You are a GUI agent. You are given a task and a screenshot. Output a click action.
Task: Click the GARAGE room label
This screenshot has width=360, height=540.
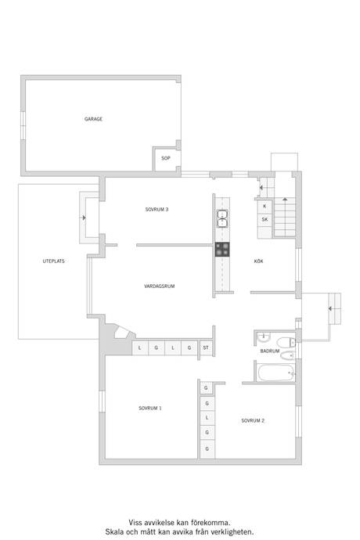tap(93, 119)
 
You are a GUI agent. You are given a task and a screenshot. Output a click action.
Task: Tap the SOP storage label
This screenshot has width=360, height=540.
tap(166, 158)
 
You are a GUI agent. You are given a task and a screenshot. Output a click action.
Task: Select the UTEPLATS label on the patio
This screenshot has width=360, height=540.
tap(54, 261)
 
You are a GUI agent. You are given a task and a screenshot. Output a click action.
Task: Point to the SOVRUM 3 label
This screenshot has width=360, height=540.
tap(157, 210)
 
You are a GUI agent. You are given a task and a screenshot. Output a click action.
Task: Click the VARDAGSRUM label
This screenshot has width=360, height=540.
tap(159, 286)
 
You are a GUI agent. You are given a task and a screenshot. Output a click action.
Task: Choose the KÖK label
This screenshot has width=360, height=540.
tap(259, 261)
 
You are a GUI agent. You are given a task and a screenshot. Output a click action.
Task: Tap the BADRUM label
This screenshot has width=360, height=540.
tap(270, 351)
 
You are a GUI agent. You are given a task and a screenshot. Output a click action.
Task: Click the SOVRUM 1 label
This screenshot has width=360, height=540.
tap(150, 408)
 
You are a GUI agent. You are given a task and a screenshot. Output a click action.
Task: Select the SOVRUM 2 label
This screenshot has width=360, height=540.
tap(253, 420)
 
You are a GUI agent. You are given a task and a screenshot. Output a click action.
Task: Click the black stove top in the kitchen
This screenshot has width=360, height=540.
tap(222, 250)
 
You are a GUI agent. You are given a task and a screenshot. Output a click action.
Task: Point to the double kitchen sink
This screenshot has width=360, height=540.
tap(222, 219)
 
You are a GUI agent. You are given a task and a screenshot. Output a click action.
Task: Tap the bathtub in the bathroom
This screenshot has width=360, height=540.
tap(276, 373)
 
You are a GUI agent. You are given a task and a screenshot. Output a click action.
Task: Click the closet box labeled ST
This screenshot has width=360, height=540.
tap(206, 347)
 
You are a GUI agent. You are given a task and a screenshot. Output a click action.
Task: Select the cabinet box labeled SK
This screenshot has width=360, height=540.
tap(265, 219)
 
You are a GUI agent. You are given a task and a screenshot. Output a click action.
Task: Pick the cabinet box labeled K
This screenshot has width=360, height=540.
tap(265, 207)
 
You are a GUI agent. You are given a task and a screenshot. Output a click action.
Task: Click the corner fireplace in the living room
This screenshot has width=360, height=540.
tap(121, 333)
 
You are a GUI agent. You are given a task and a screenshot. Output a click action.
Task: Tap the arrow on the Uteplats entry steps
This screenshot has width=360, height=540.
tap(83, 218)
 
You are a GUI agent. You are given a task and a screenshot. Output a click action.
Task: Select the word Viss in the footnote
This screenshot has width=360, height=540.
tap(135, 523)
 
